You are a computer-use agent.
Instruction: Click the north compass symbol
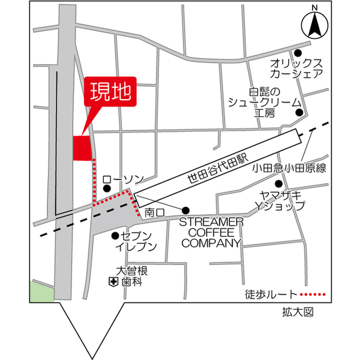tap(314, 24)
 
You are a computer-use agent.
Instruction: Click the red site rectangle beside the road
tap(82, 148)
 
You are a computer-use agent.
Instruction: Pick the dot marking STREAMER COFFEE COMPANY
tap(186, 210)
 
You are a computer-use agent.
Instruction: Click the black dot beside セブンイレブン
tap(115, 236)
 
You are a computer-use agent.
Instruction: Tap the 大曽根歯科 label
tap(131, 275)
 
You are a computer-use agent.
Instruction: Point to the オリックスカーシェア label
tap(296, 68)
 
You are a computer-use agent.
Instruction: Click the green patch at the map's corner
tap(42, 291)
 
